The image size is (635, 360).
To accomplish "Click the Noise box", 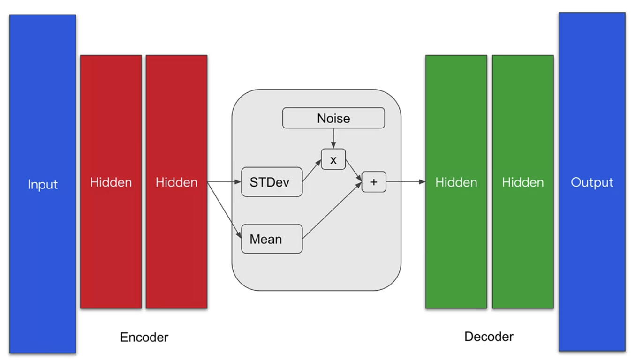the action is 333,118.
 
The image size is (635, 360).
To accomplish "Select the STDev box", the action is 272,182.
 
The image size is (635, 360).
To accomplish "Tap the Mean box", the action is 272,239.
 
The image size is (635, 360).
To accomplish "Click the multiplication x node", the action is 333,159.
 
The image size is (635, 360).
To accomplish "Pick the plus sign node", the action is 374,182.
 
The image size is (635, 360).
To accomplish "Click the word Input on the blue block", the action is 43,185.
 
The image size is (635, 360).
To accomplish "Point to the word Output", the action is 592,183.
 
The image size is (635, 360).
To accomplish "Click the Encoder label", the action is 144,337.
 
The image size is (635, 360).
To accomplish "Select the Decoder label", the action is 489,337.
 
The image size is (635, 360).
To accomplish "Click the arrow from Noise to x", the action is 333,138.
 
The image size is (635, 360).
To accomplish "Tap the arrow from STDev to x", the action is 312,170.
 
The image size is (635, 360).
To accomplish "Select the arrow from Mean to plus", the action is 332,210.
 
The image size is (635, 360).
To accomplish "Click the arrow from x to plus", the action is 354,171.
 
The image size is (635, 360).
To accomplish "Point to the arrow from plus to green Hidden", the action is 406,182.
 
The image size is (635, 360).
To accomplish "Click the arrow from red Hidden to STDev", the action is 224,182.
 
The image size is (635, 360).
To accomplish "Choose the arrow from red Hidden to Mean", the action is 224,210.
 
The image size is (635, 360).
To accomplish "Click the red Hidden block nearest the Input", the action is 111,182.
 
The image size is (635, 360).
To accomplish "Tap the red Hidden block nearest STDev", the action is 177,182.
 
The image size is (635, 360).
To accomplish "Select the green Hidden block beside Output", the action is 523,182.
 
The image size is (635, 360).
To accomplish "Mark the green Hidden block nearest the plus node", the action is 456,182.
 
